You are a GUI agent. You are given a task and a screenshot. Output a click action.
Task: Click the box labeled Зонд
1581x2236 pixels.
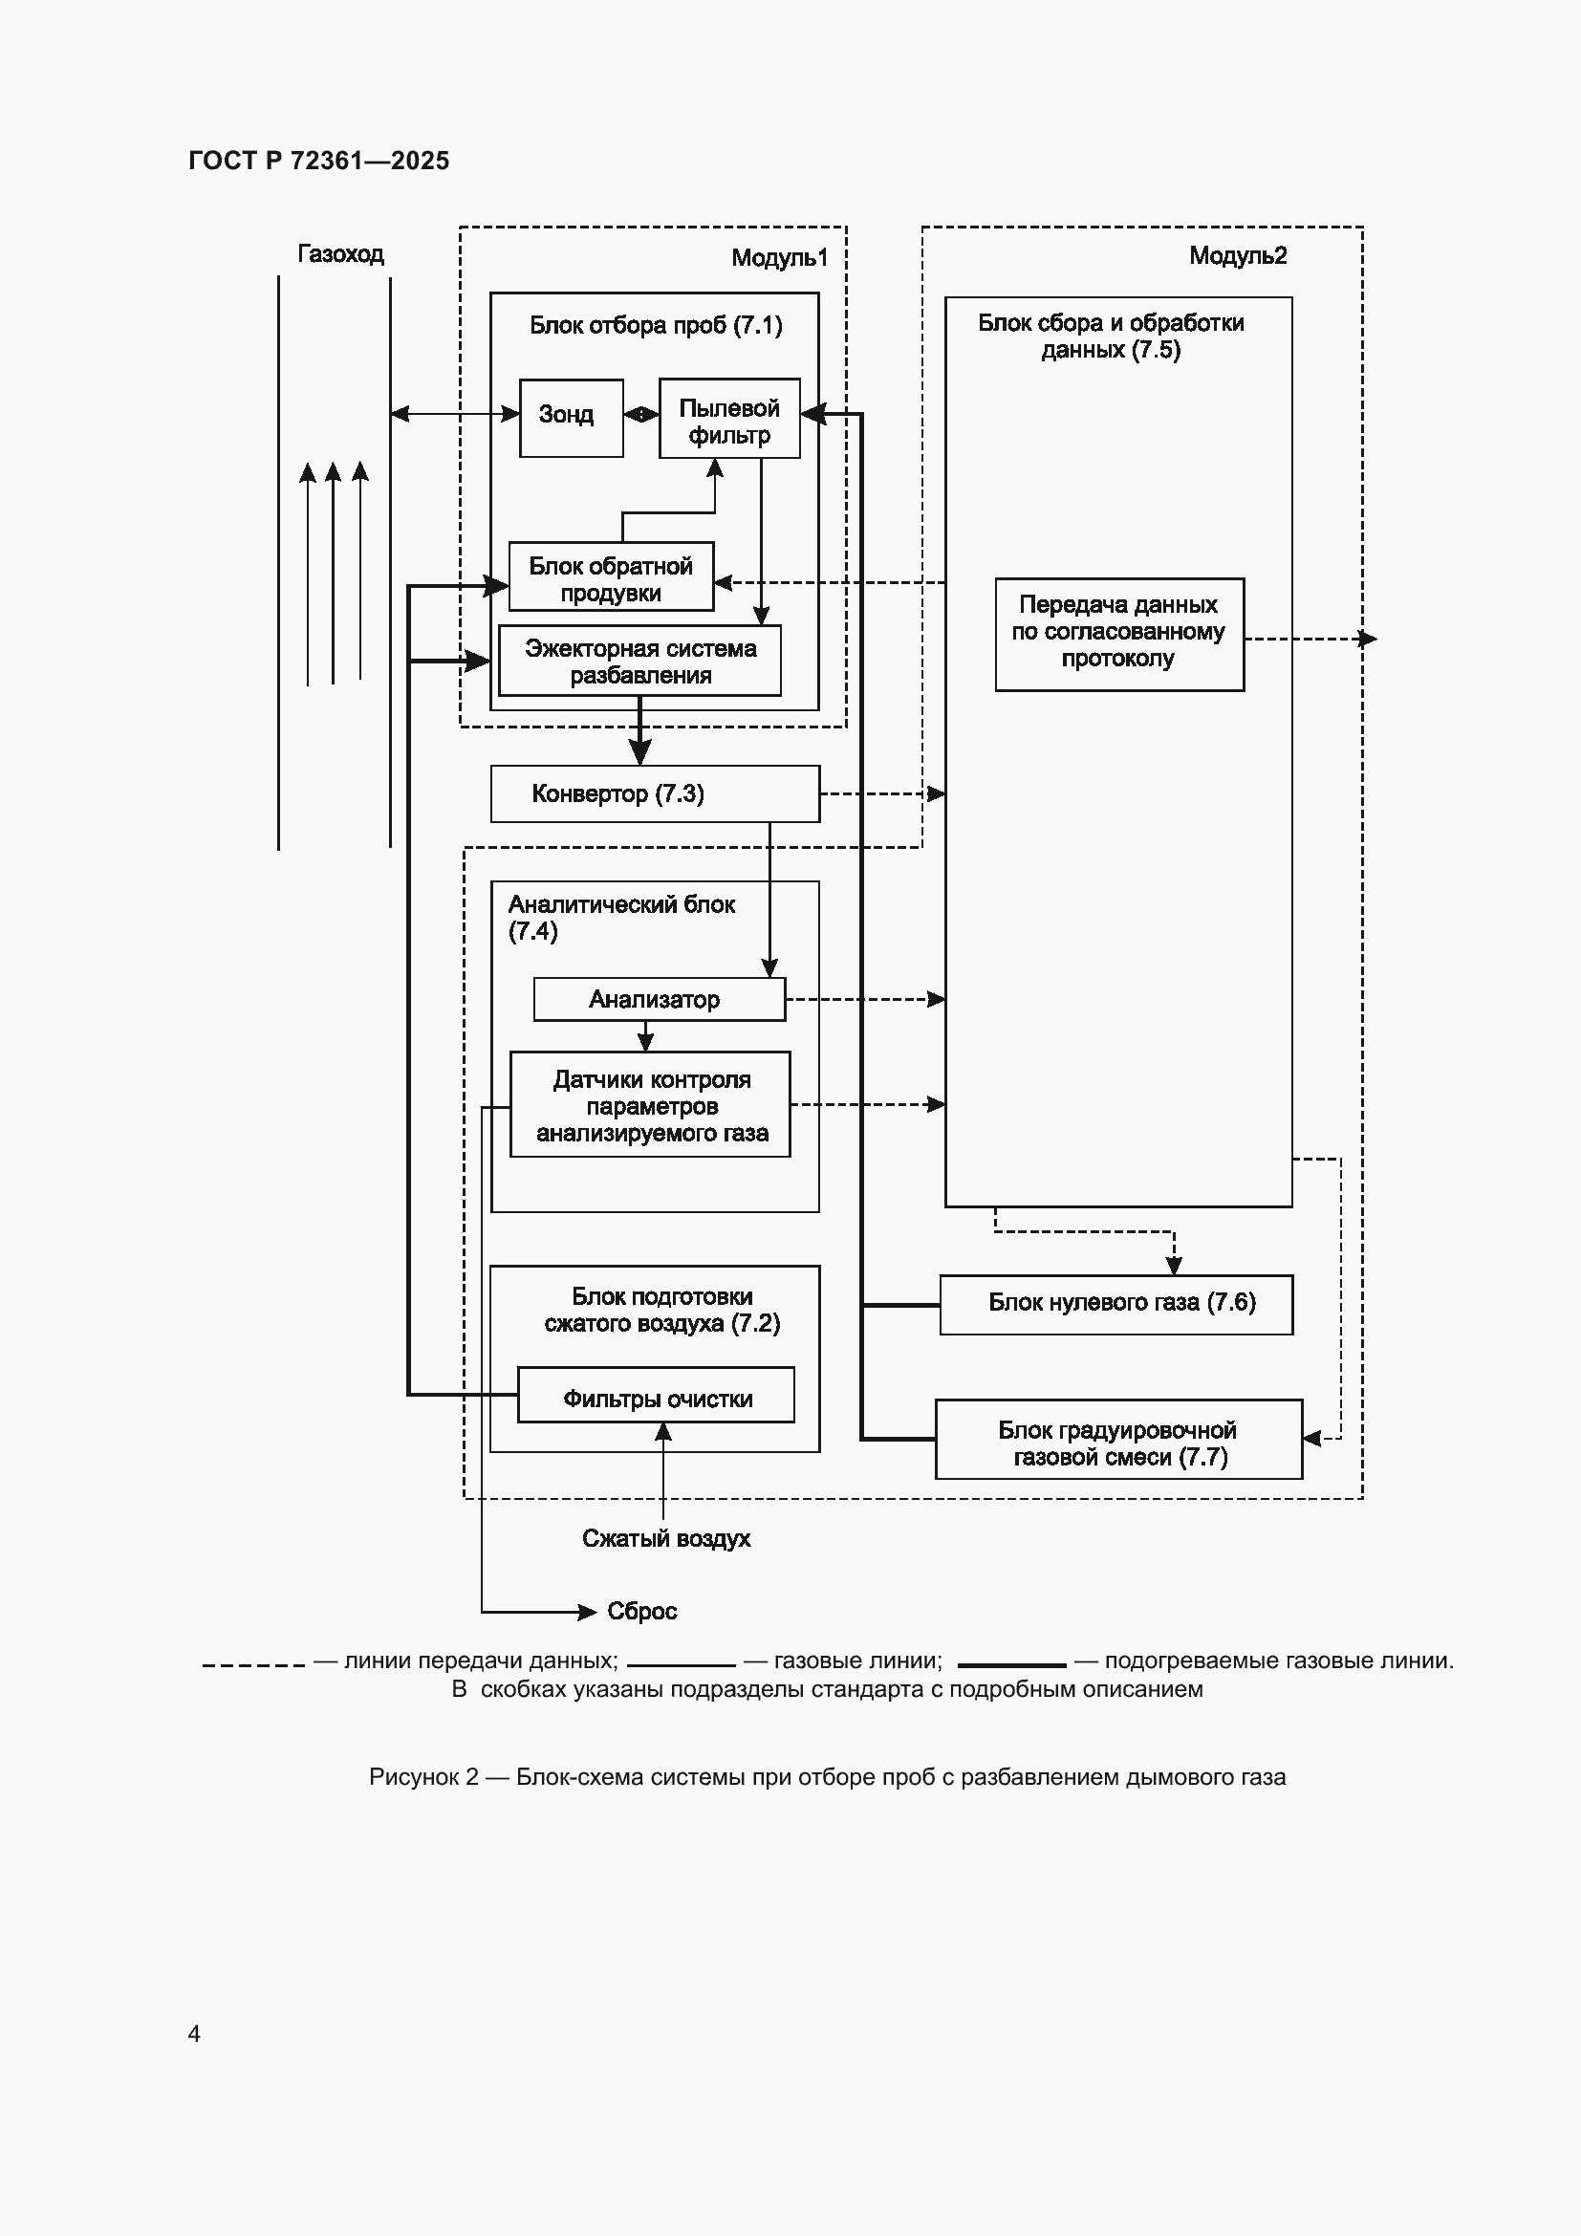pyautogui.click(x=572, y=418)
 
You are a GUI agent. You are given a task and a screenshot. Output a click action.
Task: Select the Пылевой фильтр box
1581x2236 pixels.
pyautogui.click(x=729, y=418)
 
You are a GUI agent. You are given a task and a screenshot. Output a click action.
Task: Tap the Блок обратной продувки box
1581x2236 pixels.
pyautogui.click(x=611, y=576)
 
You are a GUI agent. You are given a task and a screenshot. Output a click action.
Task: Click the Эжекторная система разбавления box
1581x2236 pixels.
pyautogui.click(x=639, y=661)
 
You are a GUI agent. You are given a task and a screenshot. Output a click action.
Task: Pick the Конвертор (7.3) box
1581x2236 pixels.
pyautogui.click(x=655, y=793)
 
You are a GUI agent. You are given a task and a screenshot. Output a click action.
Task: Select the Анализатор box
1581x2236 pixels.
pyautogui.click(x=660, y=999)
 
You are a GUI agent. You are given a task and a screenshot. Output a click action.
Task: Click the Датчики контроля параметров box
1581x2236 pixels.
pyautogui.click(x=650, y=1104)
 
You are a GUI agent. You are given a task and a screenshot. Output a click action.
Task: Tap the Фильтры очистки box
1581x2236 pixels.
pyautogui.click(x=655, y=1395)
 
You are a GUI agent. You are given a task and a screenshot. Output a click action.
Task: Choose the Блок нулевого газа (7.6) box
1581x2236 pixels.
pyautogui.click(x=1115, y=1304)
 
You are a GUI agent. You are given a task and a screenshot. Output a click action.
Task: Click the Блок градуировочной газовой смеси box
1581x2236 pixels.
pyautogui.click(x=1118, y=1440)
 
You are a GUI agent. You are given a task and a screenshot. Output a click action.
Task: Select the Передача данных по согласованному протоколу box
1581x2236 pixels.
pyautogui.click(x=1119, y=635)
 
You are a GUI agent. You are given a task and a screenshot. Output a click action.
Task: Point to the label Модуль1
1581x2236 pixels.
pyautogui.click(x=779, y=257)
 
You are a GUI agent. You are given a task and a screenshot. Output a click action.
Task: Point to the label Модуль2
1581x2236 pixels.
pyautogui.click(x=1237, y=255)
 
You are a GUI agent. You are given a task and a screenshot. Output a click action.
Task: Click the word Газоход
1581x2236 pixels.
pyautogui.click(x=339, y=254)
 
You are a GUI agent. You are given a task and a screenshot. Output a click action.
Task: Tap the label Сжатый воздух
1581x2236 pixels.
pyautogui.click(x=666, y=1539)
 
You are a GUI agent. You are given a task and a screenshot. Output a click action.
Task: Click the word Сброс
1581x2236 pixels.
pyautogui.click(x=641, y=1612)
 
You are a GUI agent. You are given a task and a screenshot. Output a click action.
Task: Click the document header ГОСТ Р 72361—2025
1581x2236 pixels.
pyautogui.click(x=319, y=161)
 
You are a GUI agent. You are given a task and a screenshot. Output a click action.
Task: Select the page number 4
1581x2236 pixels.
pyautogui.click(x=195, y=2033)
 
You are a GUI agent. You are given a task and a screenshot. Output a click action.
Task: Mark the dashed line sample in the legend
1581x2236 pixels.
pyautogui.click(x=253, y=1665)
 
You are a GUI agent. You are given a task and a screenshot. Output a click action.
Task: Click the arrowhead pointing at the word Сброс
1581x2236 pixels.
pyautogui.click(x=587, y=1613)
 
